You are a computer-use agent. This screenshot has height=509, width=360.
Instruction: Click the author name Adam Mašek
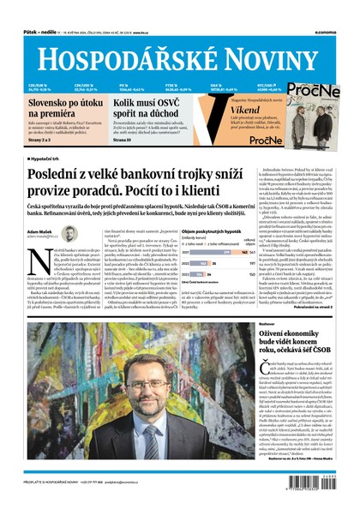(42, 231)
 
